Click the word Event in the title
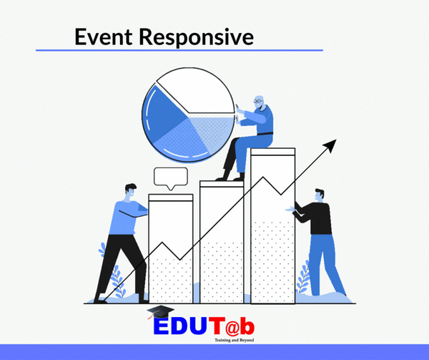pyautogui.click(x=104, y=37)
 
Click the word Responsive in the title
pyautogui.click(x=197, y=38)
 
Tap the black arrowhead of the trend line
pyautogui.click(x=330, y=145)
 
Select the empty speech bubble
pyautogui.click(x=171, y=178)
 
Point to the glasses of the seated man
pyautogui.click(x=257, y=102)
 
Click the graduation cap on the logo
pyautogui.click(x=161, y=312)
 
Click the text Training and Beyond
pyautogui.click(x=235, y=340)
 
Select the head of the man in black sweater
pyautogui.click(x=320, y=194)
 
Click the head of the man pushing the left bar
pyautogui.click(x=131, y=190)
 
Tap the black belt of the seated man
pyautogui.click(x=265, y=134)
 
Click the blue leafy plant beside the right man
pyautogui.click(x=303, y=276)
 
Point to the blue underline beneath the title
pyautogui.click(x=179, y=50)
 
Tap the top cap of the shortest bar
pyautogui.click(x=171, y=198)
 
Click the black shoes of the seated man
pyautogui.click(x=230, y=177)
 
